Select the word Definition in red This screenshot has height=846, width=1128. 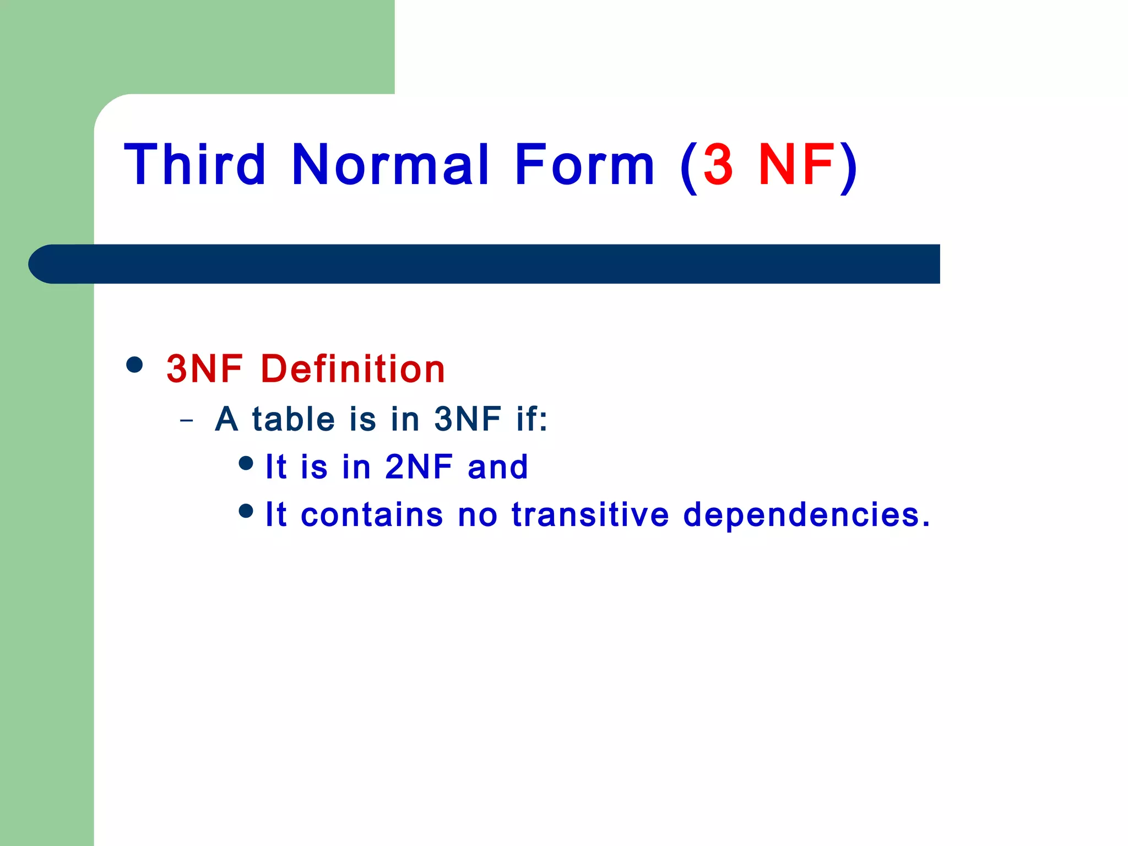tap(352, 368)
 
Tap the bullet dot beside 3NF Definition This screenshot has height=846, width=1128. tap(134, 365)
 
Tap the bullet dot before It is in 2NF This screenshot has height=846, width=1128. tap(246, 463)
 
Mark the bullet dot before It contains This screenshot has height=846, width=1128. tap(246, 511)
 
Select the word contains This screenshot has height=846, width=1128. tap(372, 514)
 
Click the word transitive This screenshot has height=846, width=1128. tap(590, 514)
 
